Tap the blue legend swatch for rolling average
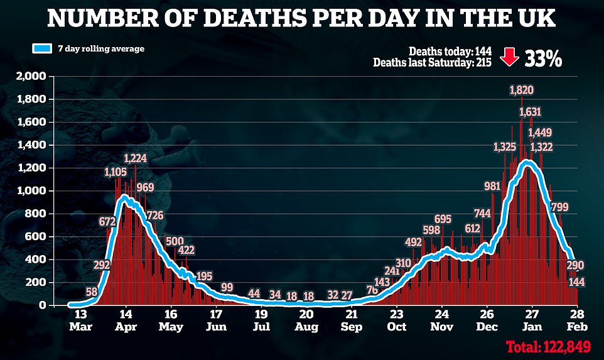[43, 48]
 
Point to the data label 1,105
[116, 172]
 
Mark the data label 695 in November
[443, 219]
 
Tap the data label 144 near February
[576, 282]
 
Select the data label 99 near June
[227, 287]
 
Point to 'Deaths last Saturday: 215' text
[433, 62]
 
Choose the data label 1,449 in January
[541, 133]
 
